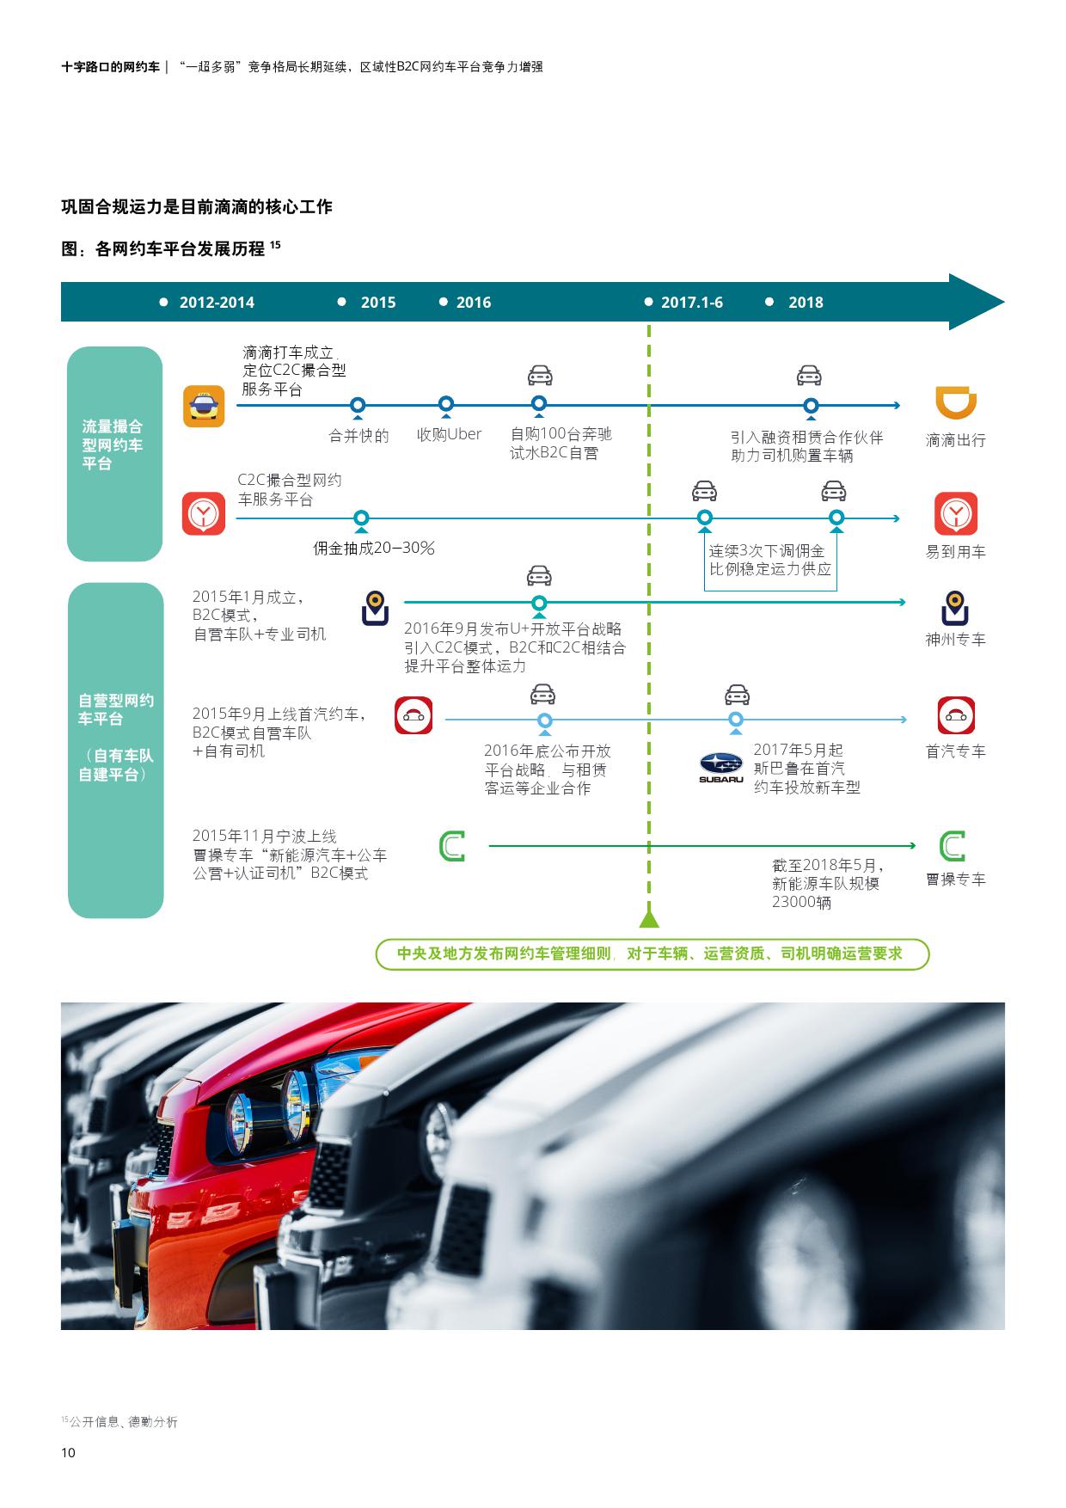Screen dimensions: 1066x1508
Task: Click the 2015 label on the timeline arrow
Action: click(x=378, y=303)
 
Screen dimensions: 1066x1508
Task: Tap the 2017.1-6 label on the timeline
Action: click(x=692, y=303)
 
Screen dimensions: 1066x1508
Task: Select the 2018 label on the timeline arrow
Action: click(x=806, y=303)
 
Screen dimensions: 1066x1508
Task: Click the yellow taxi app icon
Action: click(x=204, y=406)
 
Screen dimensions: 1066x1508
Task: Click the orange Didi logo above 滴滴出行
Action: click(x=956, y=402)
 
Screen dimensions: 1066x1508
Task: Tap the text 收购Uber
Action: click(x=449, y=435)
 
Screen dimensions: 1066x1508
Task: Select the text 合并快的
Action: click(x=359, y=436)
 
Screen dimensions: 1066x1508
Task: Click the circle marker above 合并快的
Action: click(x=358, y=405)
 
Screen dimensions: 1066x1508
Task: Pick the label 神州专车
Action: click(x=955, y=640)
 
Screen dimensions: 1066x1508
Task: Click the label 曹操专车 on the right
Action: click(x=955, y=880)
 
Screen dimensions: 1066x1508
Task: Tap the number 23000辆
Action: click(x=801, y=902)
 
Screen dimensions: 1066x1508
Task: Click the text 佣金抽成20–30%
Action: click(x=374, y=548)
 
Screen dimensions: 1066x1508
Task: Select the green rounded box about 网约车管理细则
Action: click(x=652, y=954)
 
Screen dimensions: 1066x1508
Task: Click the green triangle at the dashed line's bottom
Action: click(x=649, y=919)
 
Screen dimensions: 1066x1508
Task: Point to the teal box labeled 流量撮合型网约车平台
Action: click(x=115, y=454)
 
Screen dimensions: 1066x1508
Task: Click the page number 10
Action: click(x=69, y=1453)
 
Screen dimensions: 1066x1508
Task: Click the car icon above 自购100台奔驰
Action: click(x=540, y=376)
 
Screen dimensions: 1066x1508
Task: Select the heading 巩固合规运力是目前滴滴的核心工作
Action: click(x=197, y=206)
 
